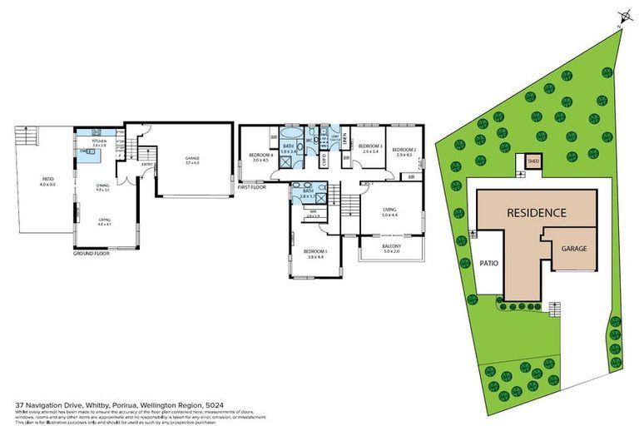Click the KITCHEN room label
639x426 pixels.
tap(100, 141)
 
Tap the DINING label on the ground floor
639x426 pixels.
tap(104, 186)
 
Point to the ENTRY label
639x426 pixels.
tap(147, 164)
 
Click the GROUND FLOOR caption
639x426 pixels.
tap(91, 253)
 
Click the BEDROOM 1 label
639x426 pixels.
tap(315, 251)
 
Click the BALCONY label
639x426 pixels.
tap(390, 247)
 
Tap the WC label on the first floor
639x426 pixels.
tap(308, 140)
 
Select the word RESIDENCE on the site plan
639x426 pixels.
tap(537, 213)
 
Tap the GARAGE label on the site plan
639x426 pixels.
tap(574, 248)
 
